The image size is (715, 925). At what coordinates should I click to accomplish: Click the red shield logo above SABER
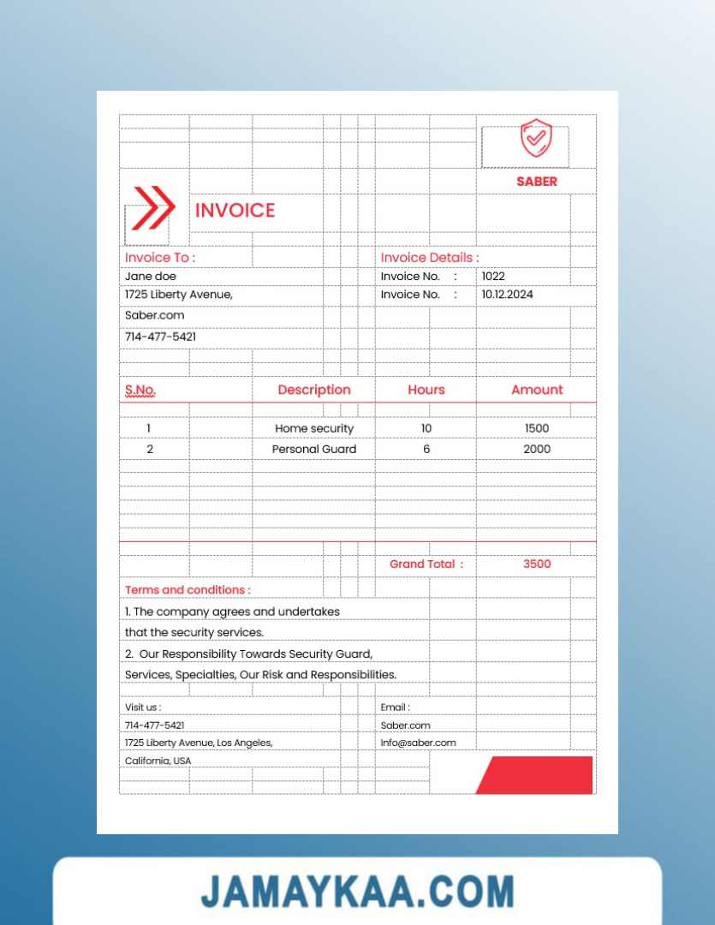tap(536, 139)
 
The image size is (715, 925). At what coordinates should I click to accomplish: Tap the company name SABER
tap(537, 182)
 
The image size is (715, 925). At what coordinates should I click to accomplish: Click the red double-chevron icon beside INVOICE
tap(153, 207)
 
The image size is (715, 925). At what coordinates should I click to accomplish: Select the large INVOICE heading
tap(235, 211)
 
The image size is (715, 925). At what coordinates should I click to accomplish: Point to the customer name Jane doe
tap(151, 277)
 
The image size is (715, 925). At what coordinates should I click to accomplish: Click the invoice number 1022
tap(493, 277)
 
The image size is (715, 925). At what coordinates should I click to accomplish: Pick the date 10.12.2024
tap(507, 295)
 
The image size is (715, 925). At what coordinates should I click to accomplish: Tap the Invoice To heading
tap(160, 258)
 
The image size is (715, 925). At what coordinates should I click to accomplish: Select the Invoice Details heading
tap(430, 258)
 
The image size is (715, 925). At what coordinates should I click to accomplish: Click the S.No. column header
tap(140, 391)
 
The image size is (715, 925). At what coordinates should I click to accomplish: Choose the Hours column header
tap(426, 391)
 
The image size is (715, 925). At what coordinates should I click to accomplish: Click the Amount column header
tap(537, 391)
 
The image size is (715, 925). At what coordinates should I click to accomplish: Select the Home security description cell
tap(314, 428)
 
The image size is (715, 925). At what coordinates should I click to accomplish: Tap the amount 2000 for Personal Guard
tap(537, 450)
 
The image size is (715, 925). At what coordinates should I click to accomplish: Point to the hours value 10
tap(426, 428)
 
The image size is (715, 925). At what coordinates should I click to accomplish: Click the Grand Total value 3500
tap(537, 564)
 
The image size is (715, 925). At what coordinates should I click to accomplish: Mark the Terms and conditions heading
tap(188, 590)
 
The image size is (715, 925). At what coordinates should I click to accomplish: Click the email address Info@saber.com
tap(419, 743)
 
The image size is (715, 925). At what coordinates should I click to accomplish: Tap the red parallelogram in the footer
tap(535, 775)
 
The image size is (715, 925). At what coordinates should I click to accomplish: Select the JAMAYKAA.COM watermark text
tap(358, 892)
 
